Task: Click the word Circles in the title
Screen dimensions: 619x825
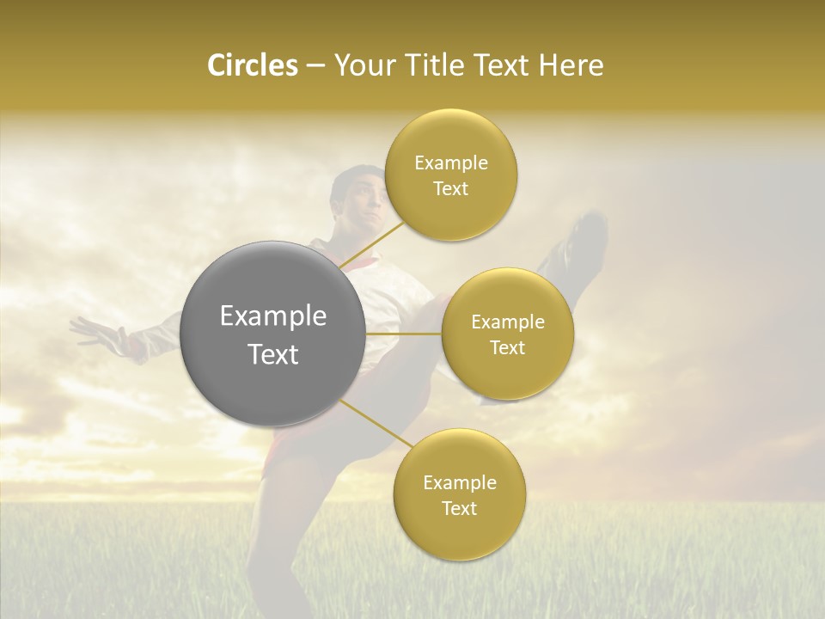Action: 252,65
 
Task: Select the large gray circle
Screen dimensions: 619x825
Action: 273,334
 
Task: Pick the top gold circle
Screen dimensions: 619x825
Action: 450,175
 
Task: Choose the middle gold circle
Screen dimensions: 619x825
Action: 507,334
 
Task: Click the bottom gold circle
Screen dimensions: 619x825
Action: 459,494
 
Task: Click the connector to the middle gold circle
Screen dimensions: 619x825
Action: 403,334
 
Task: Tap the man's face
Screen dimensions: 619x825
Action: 359,199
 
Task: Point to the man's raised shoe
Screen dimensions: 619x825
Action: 584,236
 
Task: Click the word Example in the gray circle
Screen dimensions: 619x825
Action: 273,316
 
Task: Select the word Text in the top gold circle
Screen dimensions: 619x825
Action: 450,189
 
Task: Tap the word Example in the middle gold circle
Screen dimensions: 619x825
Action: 507,322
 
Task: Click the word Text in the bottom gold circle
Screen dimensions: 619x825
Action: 459,508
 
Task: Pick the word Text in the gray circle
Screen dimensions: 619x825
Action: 273,354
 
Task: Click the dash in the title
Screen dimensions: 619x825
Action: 315,67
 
